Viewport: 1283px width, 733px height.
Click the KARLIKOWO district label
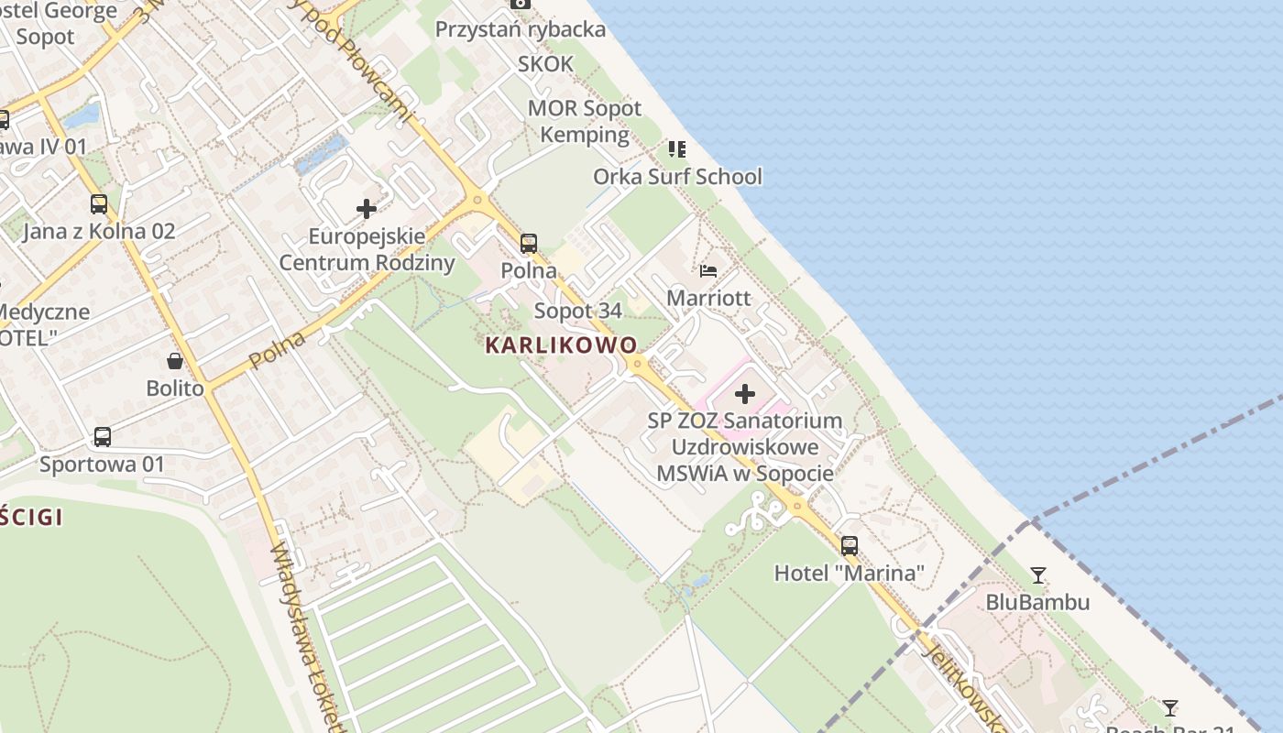[561, 345]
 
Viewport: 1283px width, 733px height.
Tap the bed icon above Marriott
[708, 270]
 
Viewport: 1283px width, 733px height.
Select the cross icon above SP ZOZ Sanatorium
[745, 394]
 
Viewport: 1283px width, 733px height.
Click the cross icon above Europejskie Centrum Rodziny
[367, 209]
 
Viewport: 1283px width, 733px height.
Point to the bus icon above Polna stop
[529, 243]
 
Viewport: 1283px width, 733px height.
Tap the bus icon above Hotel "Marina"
[850, 546]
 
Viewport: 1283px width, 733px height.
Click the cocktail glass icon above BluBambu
[1037, 575]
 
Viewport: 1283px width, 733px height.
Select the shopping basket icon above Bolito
[175, 361]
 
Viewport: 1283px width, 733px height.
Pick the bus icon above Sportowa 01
[103, 437]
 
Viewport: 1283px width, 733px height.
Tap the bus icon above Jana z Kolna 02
[99, 204]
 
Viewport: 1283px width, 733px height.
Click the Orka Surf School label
[677, 177]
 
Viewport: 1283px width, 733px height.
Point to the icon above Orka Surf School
[677, 148]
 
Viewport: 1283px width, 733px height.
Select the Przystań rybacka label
[520, 29]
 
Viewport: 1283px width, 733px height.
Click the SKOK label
[545, 64]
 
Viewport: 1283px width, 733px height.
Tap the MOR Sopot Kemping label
[585, 121]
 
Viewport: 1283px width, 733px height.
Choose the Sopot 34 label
[577, 311]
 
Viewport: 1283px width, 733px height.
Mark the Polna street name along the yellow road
[277, 350]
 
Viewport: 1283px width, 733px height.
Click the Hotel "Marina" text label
[849, 574]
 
